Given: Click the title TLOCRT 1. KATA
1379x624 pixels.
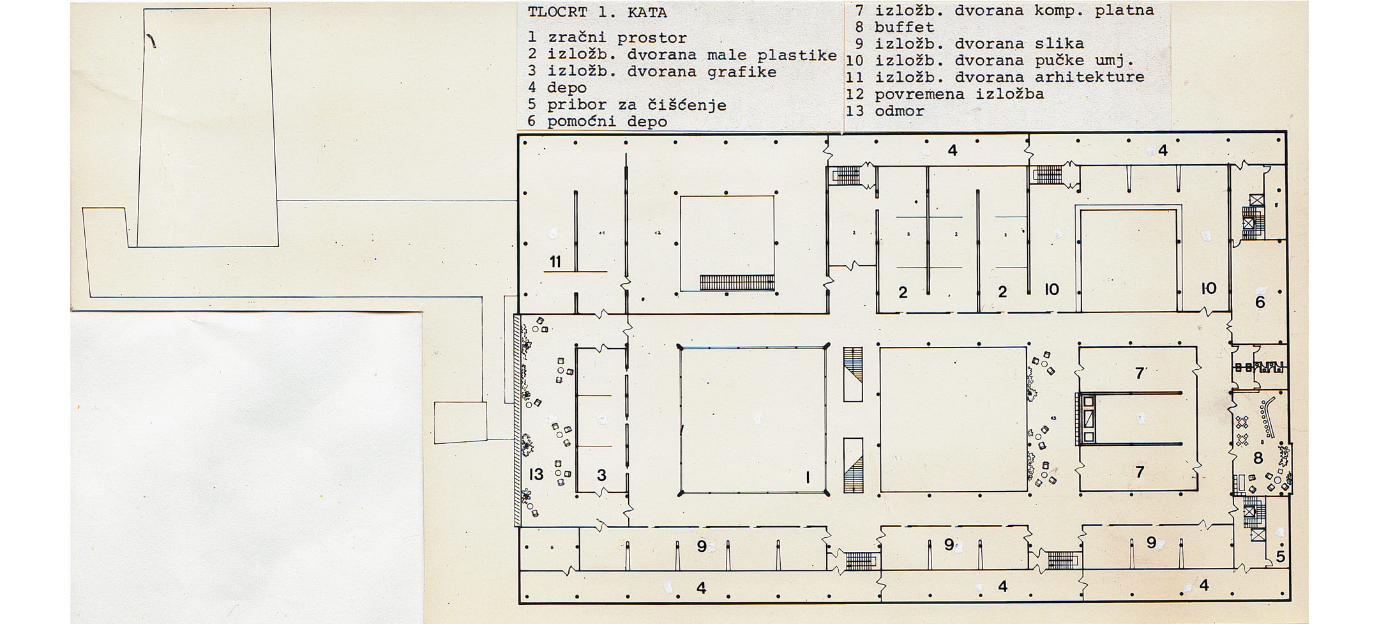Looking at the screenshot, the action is [x=598, y=13].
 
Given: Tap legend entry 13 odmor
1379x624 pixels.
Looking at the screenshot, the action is [x=885, y=111].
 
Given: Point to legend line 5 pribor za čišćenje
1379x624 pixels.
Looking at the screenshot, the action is [x=627, y=105].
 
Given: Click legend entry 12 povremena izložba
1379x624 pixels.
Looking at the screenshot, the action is [x=945, y=95].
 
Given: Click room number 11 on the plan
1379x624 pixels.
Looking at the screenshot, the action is [x=555, y=262].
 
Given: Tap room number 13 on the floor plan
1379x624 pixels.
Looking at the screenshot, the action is [x=536, y=474].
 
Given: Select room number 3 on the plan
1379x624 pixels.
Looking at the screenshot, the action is [x=601, y=475].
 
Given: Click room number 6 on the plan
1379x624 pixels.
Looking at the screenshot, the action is [x=1260, y=301].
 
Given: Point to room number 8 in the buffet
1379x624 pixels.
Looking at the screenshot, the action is [x=1258, y=458].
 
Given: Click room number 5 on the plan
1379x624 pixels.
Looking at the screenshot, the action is [x=1280, y=557].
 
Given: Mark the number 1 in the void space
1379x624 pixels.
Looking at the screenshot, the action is [x=808, y=477].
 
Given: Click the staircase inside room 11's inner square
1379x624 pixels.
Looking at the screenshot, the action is [x=737, y=282].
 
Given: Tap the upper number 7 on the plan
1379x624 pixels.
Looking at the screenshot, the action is [x=1140, y=372].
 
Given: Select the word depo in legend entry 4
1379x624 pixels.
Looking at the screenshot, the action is [x=567, y=88].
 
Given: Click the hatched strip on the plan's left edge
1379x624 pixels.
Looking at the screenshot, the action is [x=518, y=420].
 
